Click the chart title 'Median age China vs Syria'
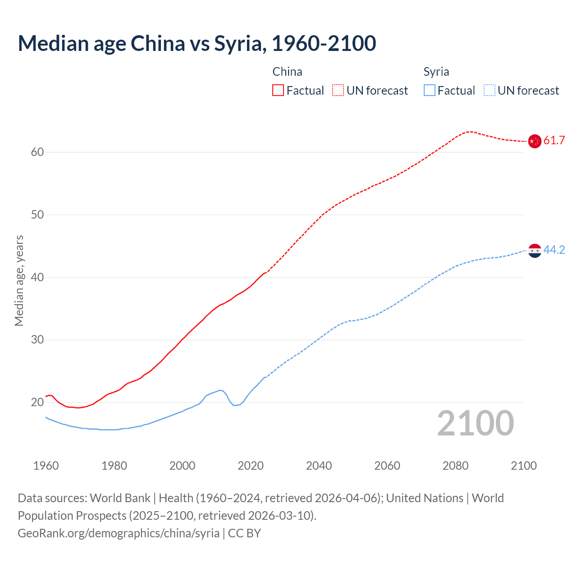[197, 44]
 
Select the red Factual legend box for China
[278, 91]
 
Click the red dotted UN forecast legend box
[338, 91]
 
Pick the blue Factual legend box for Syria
[430, 91]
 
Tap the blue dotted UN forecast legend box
[489, 91]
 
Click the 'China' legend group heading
[287, 72]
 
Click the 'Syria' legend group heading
[436, 72]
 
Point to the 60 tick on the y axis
[37, 152]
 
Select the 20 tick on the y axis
[37, 402]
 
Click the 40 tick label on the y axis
[37, 277]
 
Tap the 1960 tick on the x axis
[46, 466]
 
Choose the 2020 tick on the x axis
[251, 466]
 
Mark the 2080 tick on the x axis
[455, 466]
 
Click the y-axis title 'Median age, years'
[19, 280]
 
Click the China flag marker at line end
[535, 141]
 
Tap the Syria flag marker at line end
[535, 250]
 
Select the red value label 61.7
[554, 141]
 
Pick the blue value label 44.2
[554, 250]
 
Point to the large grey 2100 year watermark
[476, 423]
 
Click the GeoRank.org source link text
[119, 533]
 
